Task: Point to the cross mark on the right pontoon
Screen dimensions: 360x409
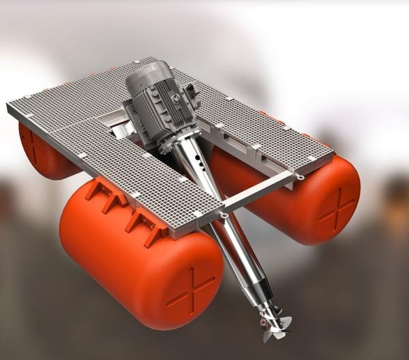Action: (338, 208)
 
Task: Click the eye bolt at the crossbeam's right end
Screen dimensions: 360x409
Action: (301, 177)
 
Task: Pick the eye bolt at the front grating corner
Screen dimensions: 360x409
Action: (223, 216)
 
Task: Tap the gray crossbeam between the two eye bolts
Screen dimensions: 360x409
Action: (262, 195)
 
